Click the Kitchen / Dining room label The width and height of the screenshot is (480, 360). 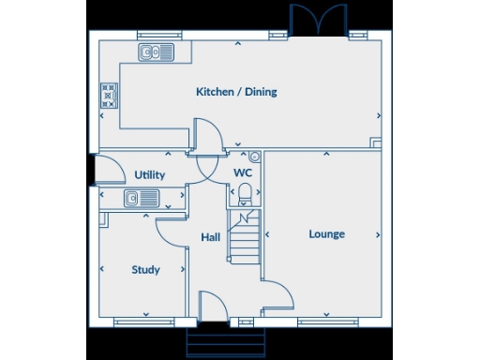click(x=236, y=92)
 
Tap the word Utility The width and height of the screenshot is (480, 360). click(x=149, y=174)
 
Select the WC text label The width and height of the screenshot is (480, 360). click(x=243, y=173)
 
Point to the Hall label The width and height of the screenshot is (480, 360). click(x=211, y=237)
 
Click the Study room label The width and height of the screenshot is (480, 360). click(x=145, y=270)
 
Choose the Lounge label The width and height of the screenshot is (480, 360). click(x=326, y=233)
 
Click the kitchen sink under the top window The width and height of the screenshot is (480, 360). click(x=156, y=52)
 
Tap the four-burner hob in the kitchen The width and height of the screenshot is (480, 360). click(x=109, y=94)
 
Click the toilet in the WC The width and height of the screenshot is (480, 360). click(x=245, y=194)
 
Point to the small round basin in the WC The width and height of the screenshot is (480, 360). click(x=255, y=157)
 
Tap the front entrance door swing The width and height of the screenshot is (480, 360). click(x=213, y=306)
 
